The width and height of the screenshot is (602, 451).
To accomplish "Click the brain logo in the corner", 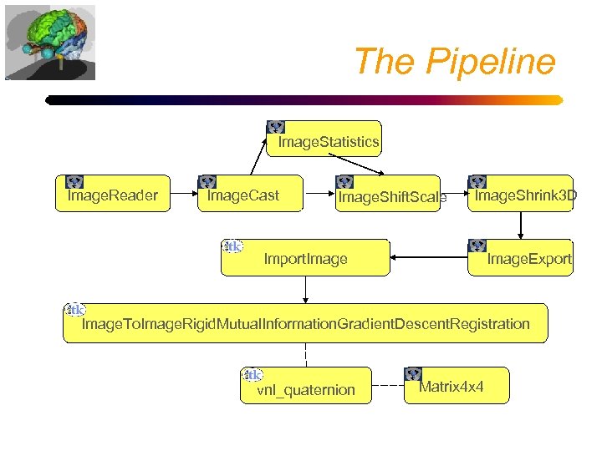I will point(50,42).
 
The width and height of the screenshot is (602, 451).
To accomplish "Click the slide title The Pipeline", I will point(454,62).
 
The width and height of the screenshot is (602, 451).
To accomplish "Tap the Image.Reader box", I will point(113,195).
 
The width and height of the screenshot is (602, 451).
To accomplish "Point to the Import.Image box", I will point(305,257).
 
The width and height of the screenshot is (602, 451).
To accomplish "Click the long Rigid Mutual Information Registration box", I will point(305,323).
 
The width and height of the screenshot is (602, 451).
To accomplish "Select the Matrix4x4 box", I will point(457,385).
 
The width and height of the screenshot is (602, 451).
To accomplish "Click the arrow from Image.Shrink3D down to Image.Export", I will point(521,225).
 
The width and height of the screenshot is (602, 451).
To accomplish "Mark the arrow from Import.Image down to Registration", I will point(305,289).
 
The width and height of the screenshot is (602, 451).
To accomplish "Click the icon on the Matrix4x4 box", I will point(414,374).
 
